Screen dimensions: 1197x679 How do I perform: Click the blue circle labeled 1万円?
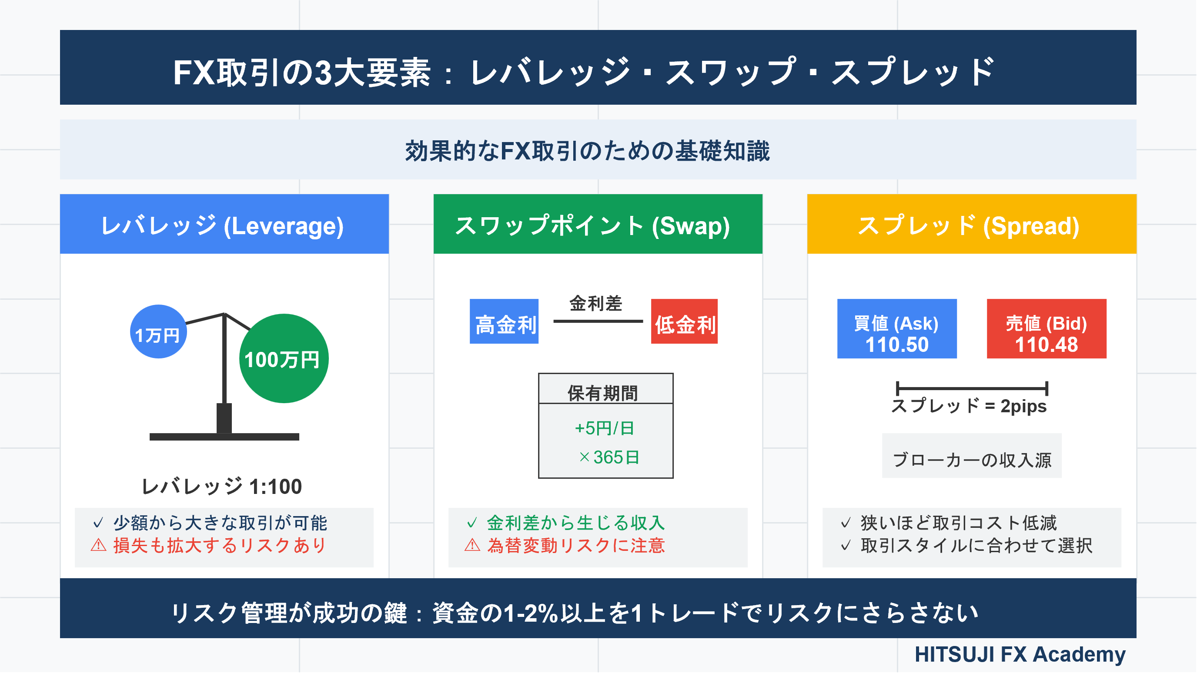158,331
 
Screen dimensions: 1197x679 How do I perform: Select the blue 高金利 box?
504,321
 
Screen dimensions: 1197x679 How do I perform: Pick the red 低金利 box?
684,321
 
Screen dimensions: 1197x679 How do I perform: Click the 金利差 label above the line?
596,304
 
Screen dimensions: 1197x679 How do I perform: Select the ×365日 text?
609,457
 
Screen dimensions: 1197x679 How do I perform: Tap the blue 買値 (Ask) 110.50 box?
897,329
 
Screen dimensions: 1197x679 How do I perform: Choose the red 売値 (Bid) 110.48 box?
1047,329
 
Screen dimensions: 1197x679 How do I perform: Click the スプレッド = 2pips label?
969,406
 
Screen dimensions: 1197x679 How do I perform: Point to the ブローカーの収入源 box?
972,456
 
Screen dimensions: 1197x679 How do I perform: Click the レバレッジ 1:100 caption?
222,487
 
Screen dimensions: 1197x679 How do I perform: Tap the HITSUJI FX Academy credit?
1020,654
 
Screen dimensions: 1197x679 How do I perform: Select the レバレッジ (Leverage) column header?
224,224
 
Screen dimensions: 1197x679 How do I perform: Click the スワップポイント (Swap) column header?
598,224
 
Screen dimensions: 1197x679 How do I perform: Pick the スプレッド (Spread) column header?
972,224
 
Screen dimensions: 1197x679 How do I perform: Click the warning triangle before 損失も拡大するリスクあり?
98,545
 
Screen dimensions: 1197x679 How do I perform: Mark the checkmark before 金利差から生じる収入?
472,523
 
